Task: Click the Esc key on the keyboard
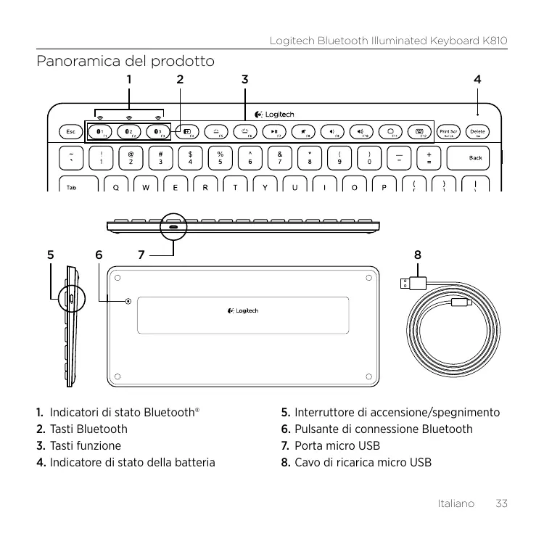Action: (x=70, y=132)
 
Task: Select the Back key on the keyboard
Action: (x=474, y=157)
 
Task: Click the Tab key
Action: (x=72, y=186)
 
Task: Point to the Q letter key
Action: (x=117, y=186)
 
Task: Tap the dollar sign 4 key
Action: (x=190, y=157)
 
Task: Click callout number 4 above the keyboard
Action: (x=477, y=78)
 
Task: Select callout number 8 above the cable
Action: (x=417, y=255)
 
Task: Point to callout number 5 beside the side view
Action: (x=50, y=255)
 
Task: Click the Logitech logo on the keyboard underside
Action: (x=243, y=311)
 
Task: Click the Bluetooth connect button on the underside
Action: (x=128, y=301)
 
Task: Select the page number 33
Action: (x=500, y=503)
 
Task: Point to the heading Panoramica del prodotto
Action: (x=125, y=61)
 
